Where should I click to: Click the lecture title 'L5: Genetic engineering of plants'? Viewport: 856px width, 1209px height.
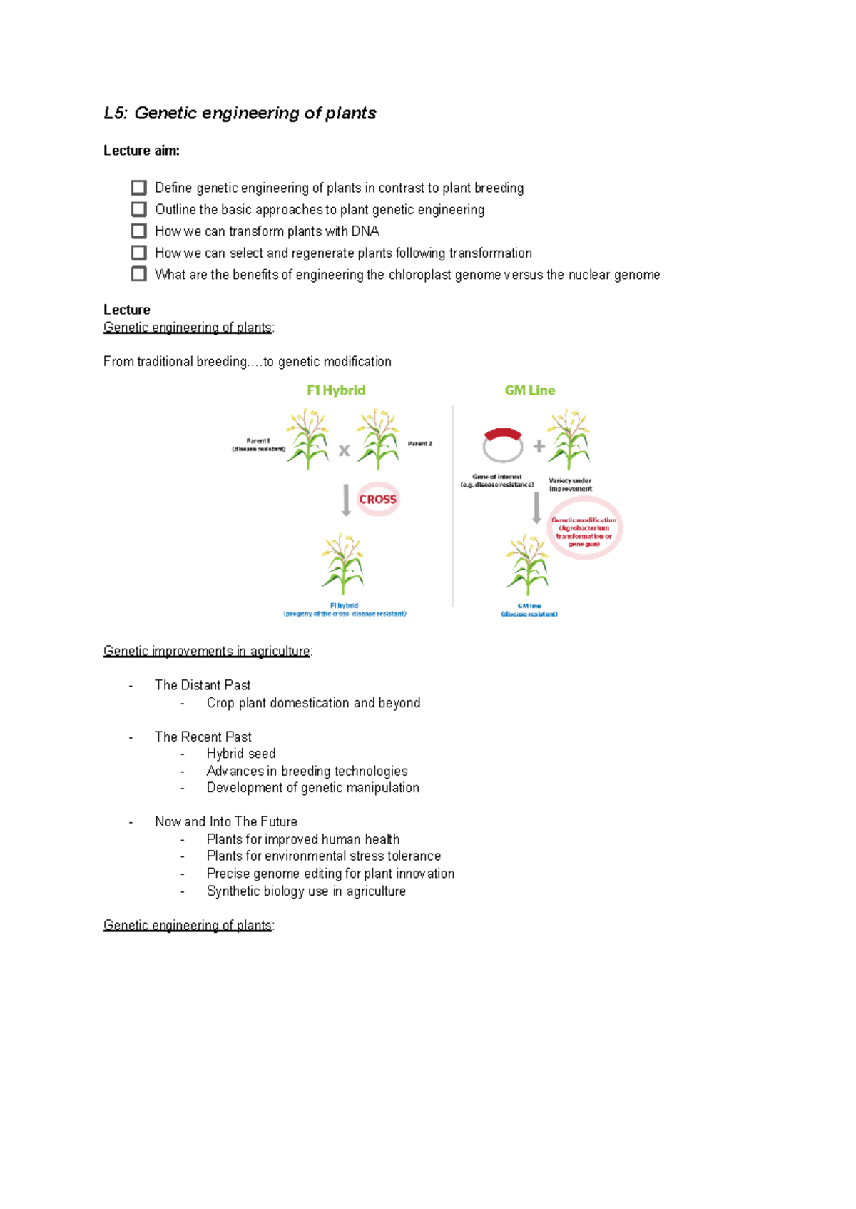coord(240,113)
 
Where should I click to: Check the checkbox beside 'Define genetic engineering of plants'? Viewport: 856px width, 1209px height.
coord(139,188)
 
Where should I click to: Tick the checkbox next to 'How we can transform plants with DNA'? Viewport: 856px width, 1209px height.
coord(139,231)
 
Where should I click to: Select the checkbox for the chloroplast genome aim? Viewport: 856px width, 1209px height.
coord(139,274)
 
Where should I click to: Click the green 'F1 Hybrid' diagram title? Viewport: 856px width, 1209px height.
coord(336,390)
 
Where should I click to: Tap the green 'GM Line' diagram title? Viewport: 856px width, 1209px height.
coord(529,390)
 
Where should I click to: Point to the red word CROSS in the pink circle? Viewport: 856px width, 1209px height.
coord(377,500)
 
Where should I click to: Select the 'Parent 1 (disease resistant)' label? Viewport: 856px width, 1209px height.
coord(258,445)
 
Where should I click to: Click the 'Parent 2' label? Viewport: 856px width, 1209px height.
coord(419,444)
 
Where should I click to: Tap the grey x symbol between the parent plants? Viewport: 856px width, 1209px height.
coord(344,450)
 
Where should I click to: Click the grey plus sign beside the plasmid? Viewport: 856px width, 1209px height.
coord(539,446)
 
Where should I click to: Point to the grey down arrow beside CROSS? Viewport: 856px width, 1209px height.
coord(346,500)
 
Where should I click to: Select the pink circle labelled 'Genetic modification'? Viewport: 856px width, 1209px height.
coord(584,529)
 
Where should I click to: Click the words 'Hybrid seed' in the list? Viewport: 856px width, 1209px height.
coord(241,754)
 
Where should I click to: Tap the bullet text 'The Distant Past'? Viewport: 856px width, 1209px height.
coord(203,685)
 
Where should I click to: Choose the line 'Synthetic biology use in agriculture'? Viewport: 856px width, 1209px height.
coord(306,891)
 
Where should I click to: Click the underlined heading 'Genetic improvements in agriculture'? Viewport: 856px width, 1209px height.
coord(207,651)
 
